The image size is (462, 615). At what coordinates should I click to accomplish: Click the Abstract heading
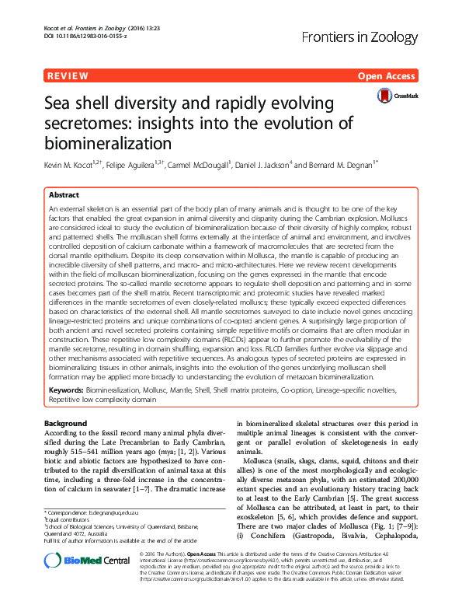(64, 194)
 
